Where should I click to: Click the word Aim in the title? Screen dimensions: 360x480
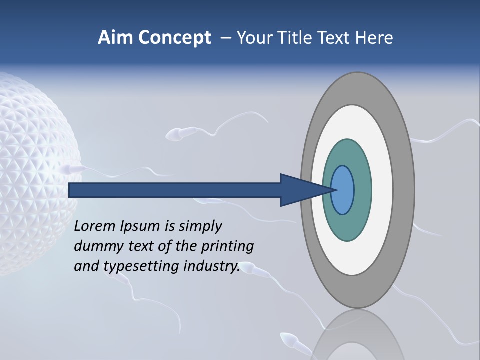click(x=115, y=38)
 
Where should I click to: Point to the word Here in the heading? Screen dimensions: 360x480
click(x=374, y=38)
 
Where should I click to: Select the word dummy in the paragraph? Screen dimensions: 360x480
click(x=96, y=246)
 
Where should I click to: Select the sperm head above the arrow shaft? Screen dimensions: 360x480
click(x=175, y=134)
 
